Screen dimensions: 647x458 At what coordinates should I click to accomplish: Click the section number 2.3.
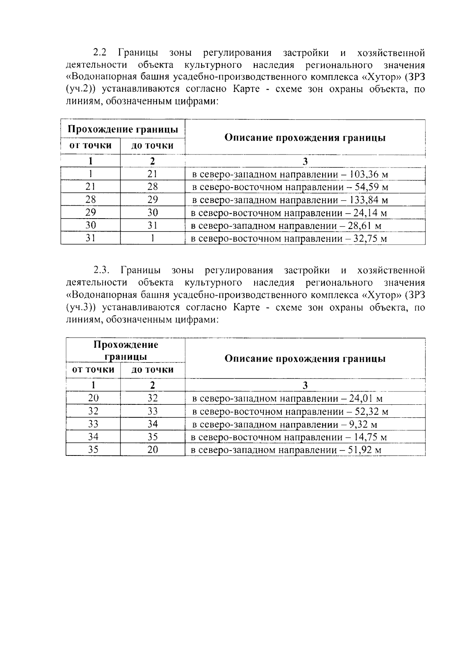102,270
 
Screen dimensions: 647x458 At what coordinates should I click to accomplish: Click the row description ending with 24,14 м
289,213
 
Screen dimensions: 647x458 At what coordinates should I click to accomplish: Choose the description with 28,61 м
286,226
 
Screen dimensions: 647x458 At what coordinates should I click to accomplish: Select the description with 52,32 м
290,412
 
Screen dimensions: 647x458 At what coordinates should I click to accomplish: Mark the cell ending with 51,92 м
286,450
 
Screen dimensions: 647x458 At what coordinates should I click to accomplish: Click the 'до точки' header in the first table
152,145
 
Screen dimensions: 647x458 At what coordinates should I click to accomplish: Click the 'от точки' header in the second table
93,369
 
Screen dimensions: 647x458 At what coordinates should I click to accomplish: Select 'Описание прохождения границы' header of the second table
305,359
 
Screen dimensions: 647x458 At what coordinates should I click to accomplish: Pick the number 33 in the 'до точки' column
152,411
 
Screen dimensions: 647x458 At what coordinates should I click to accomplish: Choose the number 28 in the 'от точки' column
90,200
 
